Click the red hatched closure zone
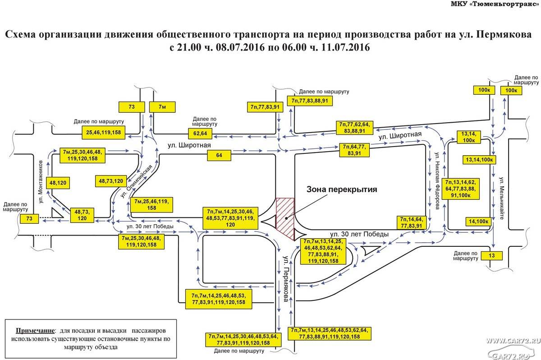[x=285, y=219]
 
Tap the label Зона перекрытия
[x=342, y=189]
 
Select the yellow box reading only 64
[x=219, y=155]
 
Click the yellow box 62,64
[x=200, y=134]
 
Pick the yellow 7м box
[x=162, y=107]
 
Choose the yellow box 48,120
[x=58, y=183]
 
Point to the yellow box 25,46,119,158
[x=103, y=132]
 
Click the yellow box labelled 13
[x=492, y=256]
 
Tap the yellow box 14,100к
[x=478, y=222]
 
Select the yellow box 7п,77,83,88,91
[x=310, y=101]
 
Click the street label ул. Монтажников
[x=41, y=182]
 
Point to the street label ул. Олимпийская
[x=136, y=181]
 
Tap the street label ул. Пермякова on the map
[x=286, y=279]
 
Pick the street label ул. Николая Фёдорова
[x=437, y=181]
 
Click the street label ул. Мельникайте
[x=502, y=198]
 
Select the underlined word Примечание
[x=35, y=331]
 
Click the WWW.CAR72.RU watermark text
[x=513, y=341]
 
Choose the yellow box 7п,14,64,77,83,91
[x=411, y=222]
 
